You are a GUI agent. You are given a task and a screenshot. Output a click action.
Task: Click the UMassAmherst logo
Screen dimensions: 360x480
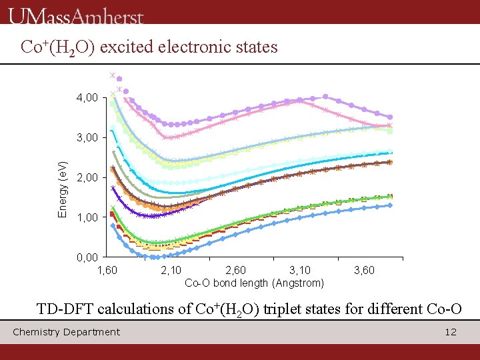coord(77,15)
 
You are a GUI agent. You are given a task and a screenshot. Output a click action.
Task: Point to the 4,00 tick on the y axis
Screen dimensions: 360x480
coord(88,98)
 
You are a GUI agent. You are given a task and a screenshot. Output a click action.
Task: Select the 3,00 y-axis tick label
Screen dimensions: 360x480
coord(88,138)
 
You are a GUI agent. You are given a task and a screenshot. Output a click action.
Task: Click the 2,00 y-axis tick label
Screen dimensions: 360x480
coord(88,178)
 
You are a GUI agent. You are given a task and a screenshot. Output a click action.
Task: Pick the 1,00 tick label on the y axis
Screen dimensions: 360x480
coord(88,217)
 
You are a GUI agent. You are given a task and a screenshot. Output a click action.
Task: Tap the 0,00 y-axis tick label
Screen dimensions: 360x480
coord(88,257)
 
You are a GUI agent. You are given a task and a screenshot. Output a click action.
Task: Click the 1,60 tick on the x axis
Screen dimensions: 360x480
coord(107,270)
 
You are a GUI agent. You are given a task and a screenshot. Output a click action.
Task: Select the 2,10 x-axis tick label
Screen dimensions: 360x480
coord(172,270)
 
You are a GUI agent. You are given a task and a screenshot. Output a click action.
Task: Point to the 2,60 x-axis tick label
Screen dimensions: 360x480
coord(236,270)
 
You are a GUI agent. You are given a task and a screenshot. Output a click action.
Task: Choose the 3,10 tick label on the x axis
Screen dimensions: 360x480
coord(300,270)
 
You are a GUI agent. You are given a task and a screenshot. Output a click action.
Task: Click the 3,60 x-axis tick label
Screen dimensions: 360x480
coord(364,270)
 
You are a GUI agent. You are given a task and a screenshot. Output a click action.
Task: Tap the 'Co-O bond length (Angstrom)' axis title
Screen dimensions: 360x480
coord(254,283)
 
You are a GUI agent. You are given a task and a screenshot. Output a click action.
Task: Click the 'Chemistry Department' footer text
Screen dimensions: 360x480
coord(67,332)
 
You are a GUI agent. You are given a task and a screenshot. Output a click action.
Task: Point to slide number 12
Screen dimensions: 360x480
coord(451,332)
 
